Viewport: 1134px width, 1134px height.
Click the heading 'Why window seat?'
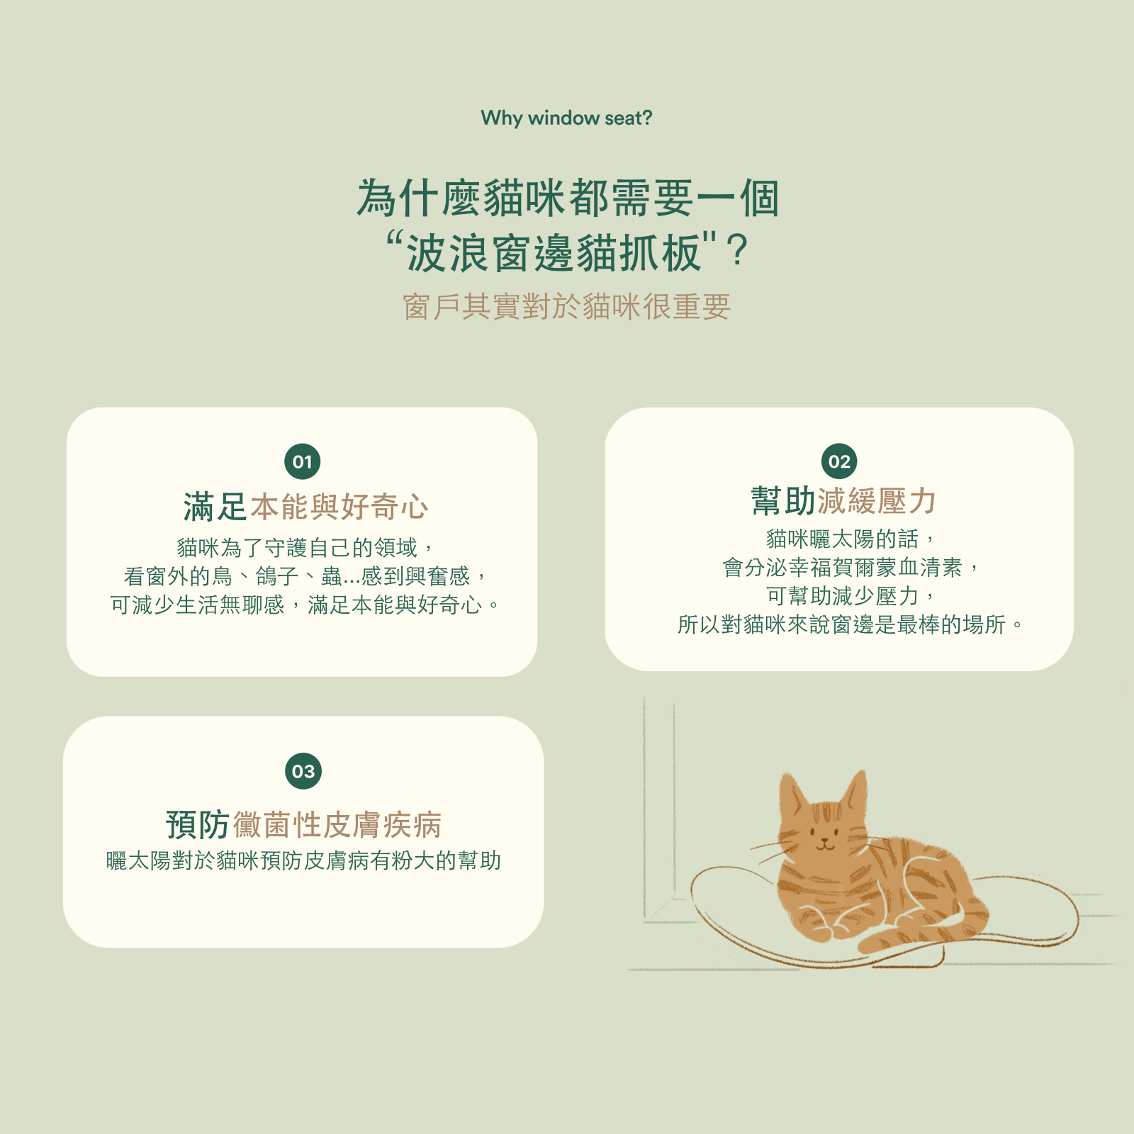click(566, 118)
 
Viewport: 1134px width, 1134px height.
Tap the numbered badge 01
click(303, 462)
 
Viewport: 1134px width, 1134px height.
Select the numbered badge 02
click(839, 461)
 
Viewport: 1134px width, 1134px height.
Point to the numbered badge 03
click(303, 771)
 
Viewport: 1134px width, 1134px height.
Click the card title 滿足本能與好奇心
click(305, 507)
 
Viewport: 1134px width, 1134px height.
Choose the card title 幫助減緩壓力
click(843, 501)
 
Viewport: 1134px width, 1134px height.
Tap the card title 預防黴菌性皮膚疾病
click(304, 824)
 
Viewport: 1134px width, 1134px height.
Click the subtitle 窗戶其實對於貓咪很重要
click(567, 307)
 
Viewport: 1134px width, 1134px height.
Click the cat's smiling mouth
click(824, 845)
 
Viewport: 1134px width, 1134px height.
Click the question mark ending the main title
click(737, 251)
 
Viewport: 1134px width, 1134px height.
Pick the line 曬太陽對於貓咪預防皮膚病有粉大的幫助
click(304, 860)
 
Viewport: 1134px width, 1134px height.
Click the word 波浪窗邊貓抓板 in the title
click(554, 253)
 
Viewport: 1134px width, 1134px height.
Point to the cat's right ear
click(854, 790)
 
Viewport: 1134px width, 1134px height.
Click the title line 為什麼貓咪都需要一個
click(568, 197)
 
